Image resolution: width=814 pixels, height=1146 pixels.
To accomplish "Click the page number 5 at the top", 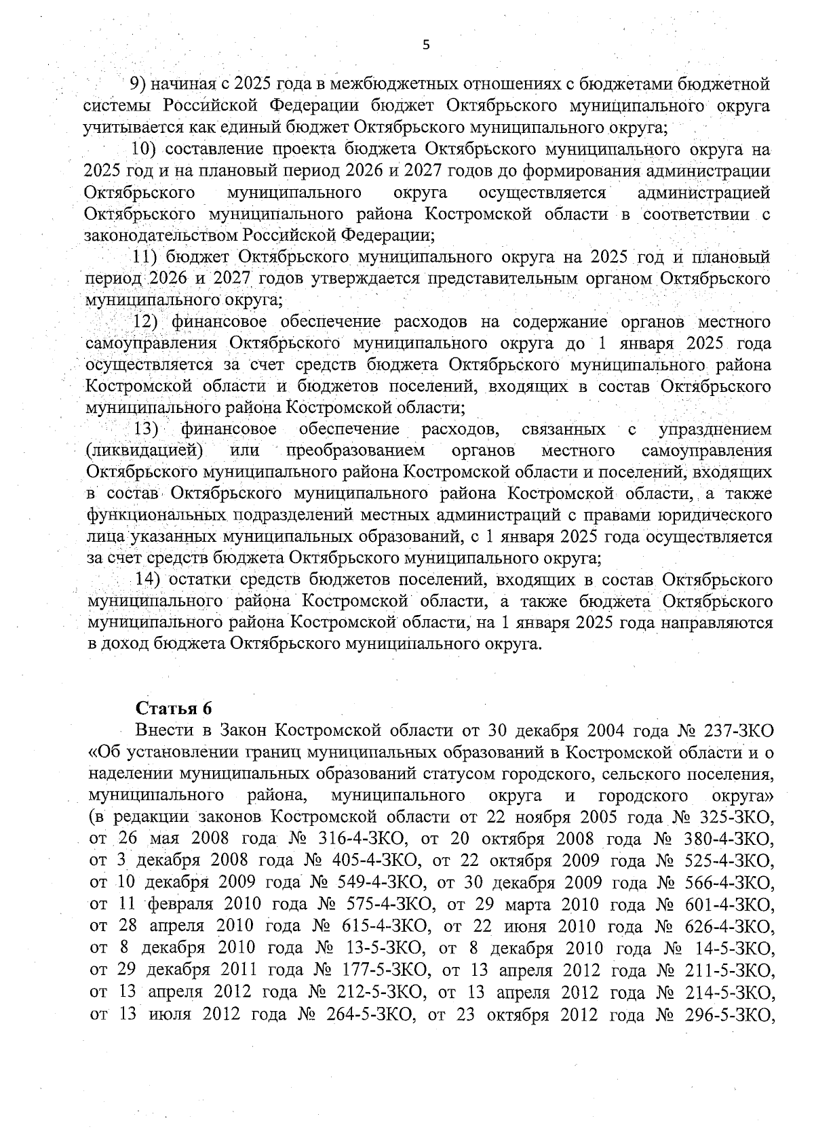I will (x=425, y=45).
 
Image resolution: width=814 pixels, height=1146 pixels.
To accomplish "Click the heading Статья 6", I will (x=174, y=708).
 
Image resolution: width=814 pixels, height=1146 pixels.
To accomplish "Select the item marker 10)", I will (x=144, y=149).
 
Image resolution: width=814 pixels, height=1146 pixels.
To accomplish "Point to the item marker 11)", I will (x=144, y=257).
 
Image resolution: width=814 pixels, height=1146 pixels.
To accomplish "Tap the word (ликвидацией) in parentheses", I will (x=144, y=451).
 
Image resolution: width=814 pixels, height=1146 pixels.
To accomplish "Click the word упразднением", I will (x=715, y=429).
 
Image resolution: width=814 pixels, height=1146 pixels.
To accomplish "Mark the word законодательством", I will (x=161, y=236).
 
